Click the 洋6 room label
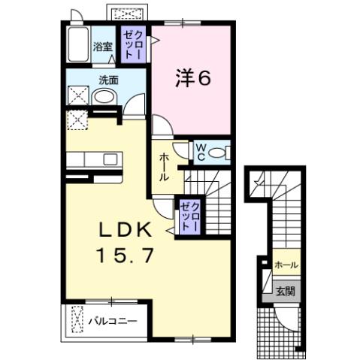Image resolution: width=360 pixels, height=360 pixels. [x=192, y=77]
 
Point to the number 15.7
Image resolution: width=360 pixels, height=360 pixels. [x=126, y=255]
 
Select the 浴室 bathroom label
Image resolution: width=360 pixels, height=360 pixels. [x=102, y=46]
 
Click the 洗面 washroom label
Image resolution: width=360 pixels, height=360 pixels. [x=107, y=79]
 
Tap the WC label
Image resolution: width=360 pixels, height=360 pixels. [x=201, y=152]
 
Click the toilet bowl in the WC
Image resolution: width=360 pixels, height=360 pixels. [x=219, y=153]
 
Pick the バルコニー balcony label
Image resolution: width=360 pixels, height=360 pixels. [x=113, y=321]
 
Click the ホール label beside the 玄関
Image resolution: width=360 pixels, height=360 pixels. [x=286, y=265]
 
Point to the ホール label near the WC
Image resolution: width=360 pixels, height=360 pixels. [x=163, y=166]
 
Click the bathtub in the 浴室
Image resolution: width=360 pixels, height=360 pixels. [x=78, y=47]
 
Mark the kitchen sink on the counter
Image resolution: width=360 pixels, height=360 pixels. [x=110, y=159]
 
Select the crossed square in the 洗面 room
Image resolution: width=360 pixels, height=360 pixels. [x=78, y=96]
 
